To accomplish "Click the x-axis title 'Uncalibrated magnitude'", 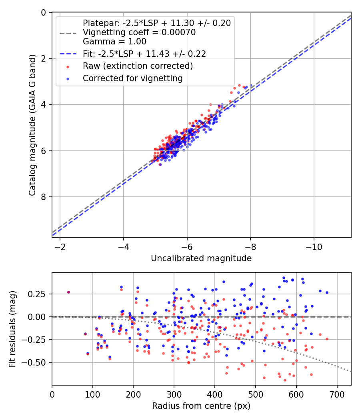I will click(x=201, y=258).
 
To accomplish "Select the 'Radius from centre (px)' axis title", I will click(x=201, y=406).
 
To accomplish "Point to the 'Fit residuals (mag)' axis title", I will click(x=12, y=329).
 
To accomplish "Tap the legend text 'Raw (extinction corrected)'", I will click(x=138, y=66).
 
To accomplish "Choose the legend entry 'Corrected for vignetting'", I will click(x=133, y=78).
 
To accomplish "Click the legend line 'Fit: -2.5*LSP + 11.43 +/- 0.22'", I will click(x=144, y=54).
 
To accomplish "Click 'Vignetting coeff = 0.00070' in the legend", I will click(x=139, y=32).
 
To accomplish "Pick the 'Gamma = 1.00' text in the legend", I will click(x=114, y=41).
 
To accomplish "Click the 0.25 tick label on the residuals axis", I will click(x=38, y=294).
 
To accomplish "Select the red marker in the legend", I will click(x=68, y=66).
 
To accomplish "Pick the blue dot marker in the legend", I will click(x=68, y=78).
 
